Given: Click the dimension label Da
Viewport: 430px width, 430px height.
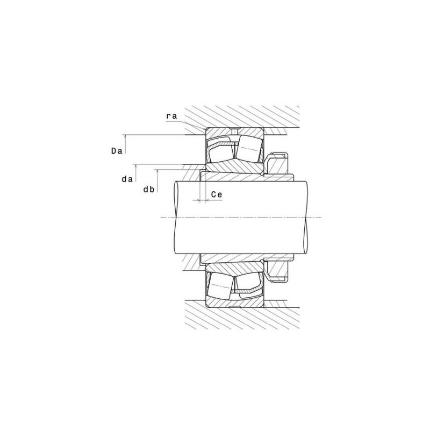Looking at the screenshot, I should pos(117,151).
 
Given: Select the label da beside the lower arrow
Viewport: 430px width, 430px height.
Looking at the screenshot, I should pos(127,180).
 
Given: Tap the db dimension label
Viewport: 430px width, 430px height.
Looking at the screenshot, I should pos(149,189).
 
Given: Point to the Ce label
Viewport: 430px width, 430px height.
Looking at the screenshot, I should pos(217,195).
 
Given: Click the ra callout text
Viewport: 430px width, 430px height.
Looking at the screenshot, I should pos(172,116).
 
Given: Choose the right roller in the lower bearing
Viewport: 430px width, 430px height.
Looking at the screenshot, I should pos(248,286).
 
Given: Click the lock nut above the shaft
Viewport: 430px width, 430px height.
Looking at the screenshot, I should pos(277,163).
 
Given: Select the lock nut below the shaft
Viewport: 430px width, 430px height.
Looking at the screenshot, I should pos(277,270).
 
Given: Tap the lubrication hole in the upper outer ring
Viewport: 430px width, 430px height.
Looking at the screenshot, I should pos(234,132).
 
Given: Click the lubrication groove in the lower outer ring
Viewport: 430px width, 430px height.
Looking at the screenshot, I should pos(234,307).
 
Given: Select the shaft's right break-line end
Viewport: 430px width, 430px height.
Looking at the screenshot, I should pos(308,217).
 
